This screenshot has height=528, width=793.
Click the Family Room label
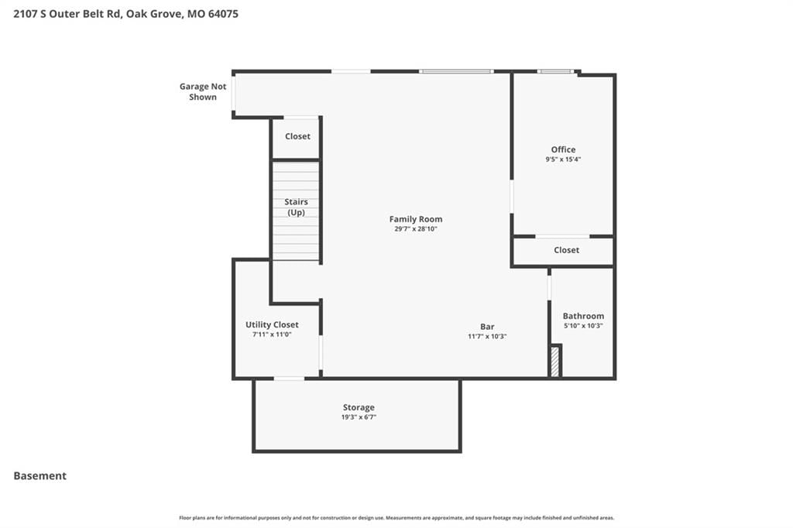[416, 219]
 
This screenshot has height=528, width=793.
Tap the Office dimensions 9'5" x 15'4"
[563, 159]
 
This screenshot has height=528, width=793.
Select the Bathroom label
[583, 316]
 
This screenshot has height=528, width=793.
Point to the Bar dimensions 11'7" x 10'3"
[487, 336]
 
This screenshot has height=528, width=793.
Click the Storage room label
[359, 408]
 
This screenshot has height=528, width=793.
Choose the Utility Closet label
[272, 324]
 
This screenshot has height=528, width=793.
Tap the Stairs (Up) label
[296, 207]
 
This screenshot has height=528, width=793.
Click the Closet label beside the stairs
[297, 136]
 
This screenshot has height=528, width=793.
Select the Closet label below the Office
[566, 250]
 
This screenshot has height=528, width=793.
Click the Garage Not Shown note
[203, 91]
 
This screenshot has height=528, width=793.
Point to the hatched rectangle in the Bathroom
[555, 361]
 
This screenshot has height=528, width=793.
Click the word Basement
[40, 476]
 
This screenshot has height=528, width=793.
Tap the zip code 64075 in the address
[223, 14]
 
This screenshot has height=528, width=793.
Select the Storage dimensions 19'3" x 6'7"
[359, 417]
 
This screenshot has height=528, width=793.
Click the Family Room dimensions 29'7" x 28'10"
[416, 229]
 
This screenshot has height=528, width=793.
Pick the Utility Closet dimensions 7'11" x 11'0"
[272, 334]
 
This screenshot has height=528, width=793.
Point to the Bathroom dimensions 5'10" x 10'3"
[583, 326]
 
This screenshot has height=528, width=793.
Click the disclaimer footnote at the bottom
[396, 518]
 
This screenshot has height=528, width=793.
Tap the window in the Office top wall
[555, 72]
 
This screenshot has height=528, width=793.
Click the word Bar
[488, 327]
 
